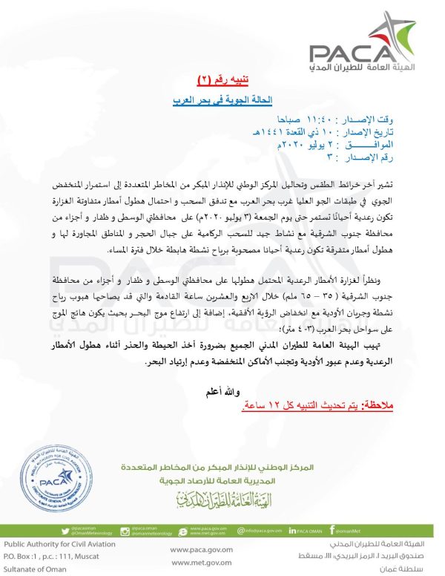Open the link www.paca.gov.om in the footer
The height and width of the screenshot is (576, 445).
click(x=196, y=551)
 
